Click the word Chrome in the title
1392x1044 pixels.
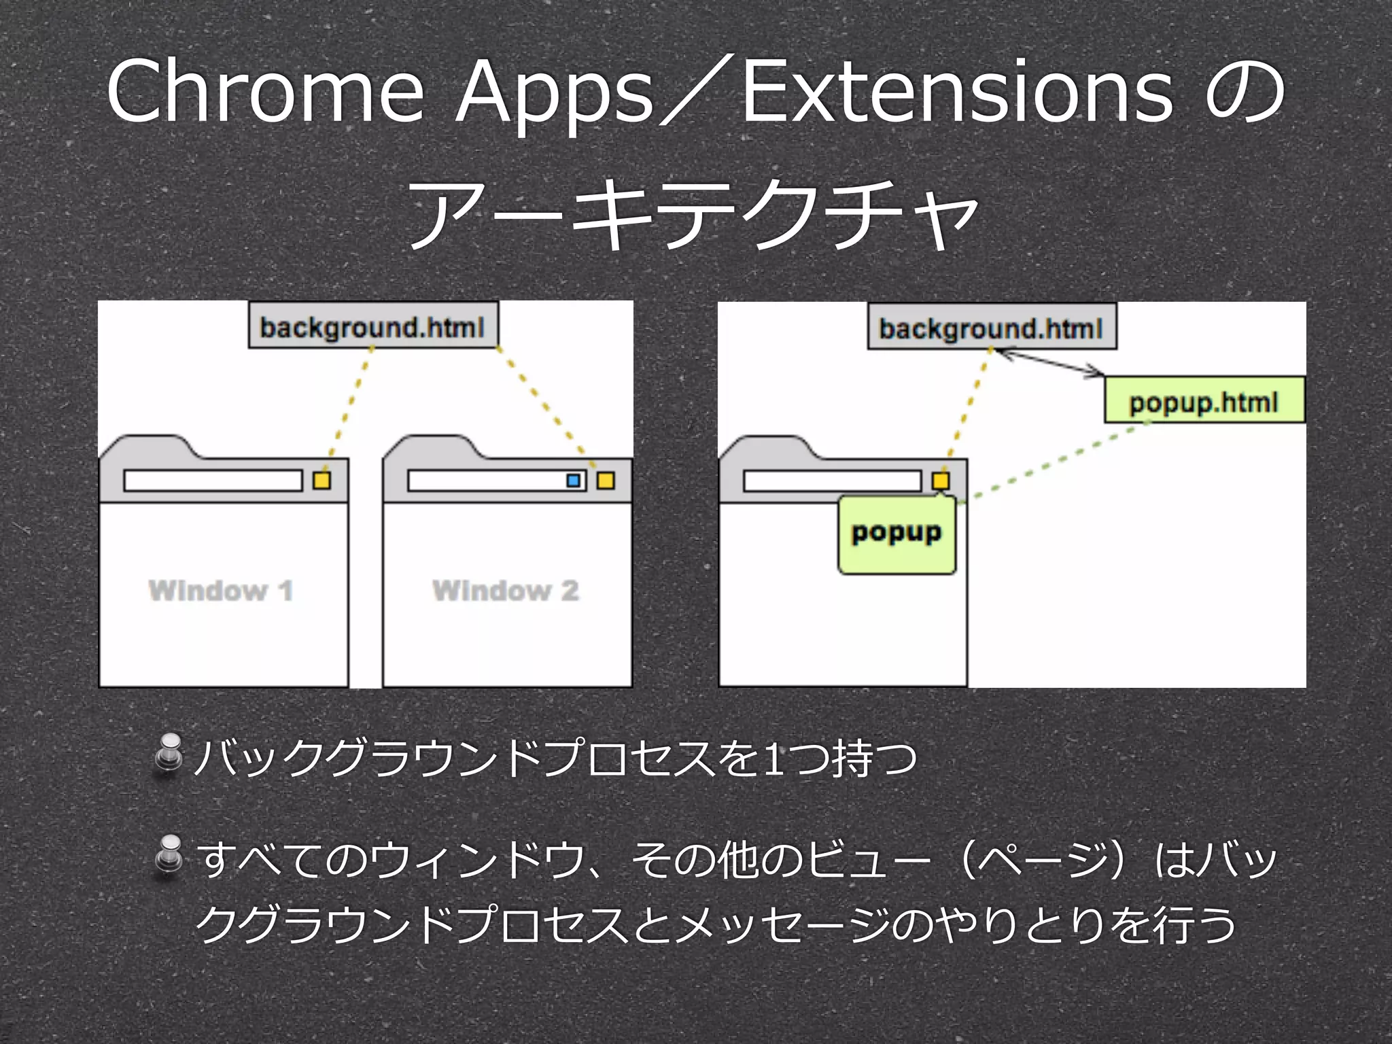pyautogui.click(x=265, y=92)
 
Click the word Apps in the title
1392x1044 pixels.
pyautogui.click(x=554, y=95)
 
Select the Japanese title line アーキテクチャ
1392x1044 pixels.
pyautogui.click(x=693, y=214)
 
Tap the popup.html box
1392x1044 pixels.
pyautogui.click(x=1204, y=401)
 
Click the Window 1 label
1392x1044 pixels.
pyautogui.click(x=222, y=590)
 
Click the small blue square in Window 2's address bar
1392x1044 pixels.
pyautogui.click(x=574, y=481)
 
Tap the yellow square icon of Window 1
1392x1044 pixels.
pyautogui.click(x=321, y=481)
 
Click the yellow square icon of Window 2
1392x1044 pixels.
pyautogui.click(x=606, y=481)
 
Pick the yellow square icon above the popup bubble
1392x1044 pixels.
pyautogui.click(x=941, y=481)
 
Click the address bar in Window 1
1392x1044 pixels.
pyautogui.click(x=213, y=481)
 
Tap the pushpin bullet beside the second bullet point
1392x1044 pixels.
pyautogui.click(x=169, y=855)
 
